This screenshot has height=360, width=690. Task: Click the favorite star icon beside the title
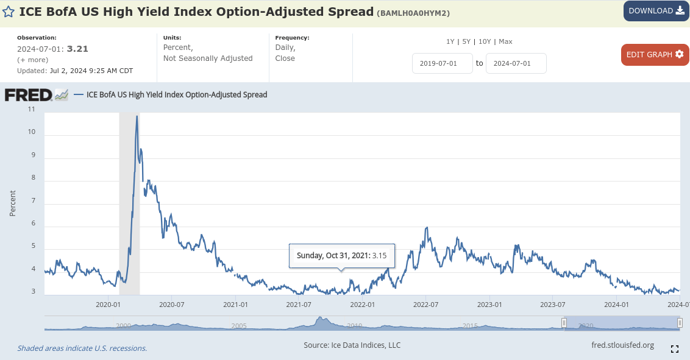click(x=9, y=12)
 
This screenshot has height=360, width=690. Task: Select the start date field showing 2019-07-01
click(x=443, y=63)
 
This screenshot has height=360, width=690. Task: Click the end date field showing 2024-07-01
click(x=516, y=63)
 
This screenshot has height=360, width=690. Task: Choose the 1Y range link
click(x=450, y=41)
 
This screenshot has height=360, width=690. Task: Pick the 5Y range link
click(x=466, y=41)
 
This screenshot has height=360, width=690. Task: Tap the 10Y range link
click(x=485, y=41)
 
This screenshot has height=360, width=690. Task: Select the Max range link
click(x=505, y=41)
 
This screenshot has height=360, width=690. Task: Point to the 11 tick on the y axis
click(x=31, y=109)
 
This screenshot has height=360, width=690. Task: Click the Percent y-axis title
click(x=13, y=203)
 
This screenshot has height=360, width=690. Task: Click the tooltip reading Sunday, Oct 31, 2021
click(x=341, y=256)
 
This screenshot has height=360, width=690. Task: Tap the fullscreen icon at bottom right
click(x=675, y=349)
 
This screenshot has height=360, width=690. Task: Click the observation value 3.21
click(x=78, y=49)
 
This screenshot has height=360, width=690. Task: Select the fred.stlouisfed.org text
click(x=622, y=345)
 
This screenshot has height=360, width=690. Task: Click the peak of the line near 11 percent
click(x=137, y=116)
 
